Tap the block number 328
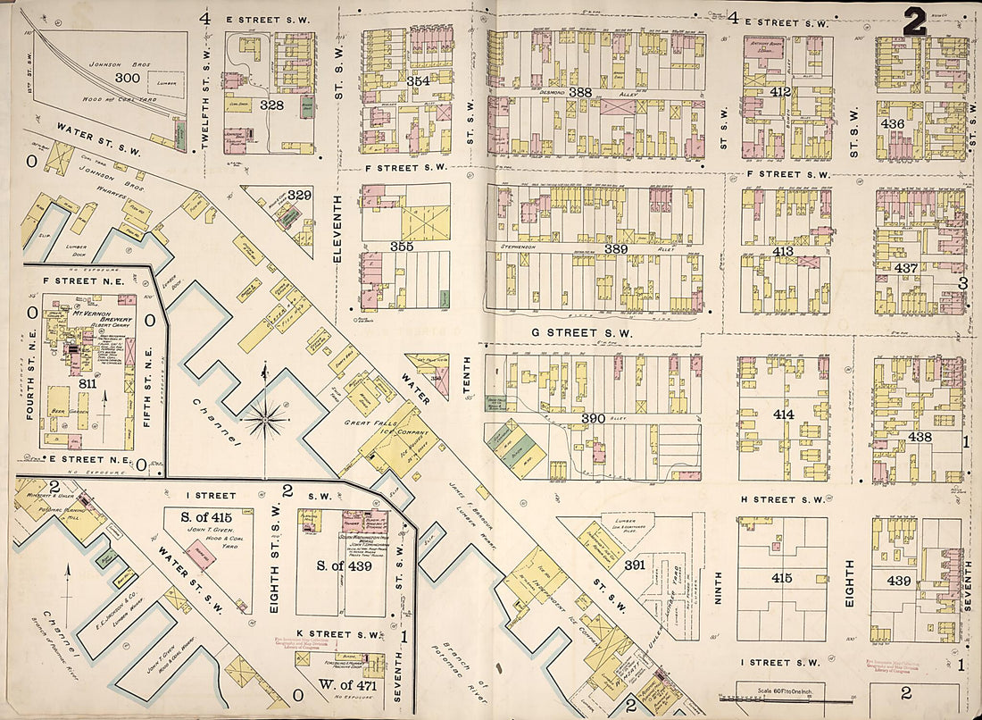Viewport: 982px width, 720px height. point(271,105)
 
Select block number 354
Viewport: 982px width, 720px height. point(394,81)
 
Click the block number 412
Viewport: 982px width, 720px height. point(781,92)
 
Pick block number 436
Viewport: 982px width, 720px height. point(893,124)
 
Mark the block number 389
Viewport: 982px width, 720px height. point(615,249)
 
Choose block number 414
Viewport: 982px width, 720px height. point(783,414)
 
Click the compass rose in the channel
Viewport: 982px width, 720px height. point(265,417)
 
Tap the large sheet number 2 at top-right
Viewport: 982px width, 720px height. point(913,21)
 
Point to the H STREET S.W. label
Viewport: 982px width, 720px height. point(788,499)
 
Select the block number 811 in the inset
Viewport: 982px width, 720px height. point(87,383)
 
